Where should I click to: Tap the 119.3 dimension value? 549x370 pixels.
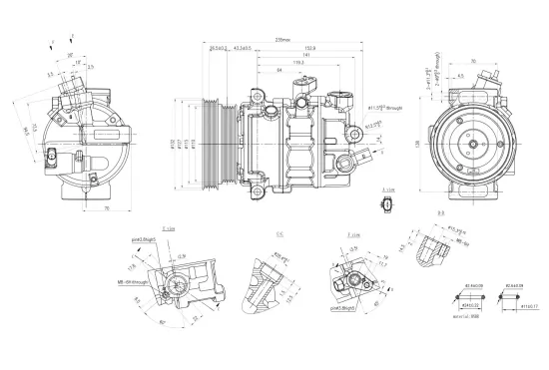(298, 63)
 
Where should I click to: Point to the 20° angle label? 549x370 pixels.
(69, 56)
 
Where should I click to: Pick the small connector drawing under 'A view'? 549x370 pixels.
(387, 205)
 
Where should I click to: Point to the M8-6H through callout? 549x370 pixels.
(138, 282)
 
